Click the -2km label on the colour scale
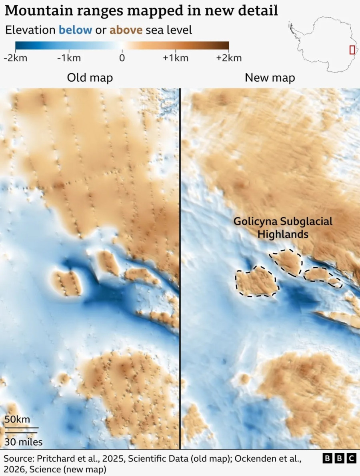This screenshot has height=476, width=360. tap(15, 58)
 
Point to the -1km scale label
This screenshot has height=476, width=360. tap(68, 58)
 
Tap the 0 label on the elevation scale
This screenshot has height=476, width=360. tap(122, 58)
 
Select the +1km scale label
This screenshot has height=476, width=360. tap(176, 58)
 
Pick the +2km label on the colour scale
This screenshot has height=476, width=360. tap(229, 58)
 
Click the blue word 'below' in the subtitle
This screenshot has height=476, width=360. tap(76, 30)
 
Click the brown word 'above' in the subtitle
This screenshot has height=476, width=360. tap(126, 30)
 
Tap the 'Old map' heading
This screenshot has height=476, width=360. tap(90, 78)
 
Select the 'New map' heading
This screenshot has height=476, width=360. tap(270, 78)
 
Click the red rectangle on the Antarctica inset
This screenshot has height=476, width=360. tap(352, 50)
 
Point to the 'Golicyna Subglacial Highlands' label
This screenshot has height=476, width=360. tap(283, 228)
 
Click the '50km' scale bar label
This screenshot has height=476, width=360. tap(17, 420)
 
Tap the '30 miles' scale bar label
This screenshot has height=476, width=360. tap(24, 442)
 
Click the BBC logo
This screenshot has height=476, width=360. tap(339, 458)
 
